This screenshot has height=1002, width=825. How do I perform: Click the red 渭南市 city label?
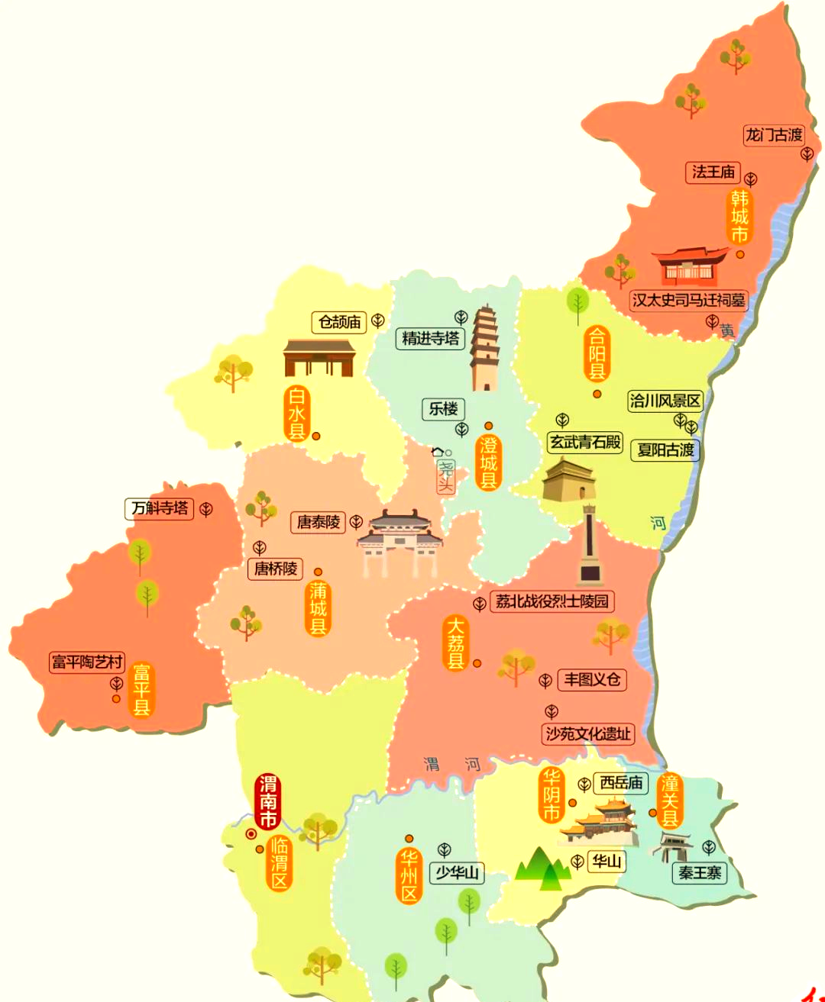(x=268, y=801)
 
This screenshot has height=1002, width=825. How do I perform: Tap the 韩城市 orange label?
(x=739, y=217)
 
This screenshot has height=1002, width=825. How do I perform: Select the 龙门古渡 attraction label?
(x=774, y=135)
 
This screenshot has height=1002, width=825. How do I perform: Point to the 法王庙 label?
(x=713, y=172)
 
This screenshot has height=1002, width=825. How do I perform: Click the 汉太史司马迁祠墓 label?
(x=687, y=300)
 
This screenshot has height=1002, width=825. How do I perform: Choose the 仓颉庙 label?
(x=339, y=322)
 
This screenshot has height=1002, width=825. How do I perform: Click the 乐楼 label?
(x=443, y=409)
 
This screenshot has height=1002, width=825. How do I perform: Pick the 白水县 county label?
(x=296, y=413)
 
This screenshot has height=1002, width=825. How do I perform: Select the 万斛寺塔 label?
(x=160, y=508)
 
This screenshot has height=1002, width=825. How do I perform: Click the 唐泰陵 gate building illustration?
(x=400, y=543)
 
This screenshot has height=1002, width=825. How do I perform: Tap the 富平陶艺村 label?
(x=87, y=662)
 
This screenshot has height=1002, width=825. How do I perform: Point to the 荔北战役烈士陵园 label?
(x=552, y=601)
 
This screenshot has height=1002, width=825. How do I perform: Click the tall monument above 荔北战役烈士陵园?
(x=589, y=545)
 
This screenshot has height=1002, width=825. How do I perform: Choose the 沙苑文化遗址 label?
(x=587, y=734)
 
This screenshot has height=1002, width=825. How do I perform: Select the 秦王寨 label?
(x=700, y=872)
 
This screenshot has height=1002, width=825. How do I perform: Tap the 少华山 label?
(x=457, y=872)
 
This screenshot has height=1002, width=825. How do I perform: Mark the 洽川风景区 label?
(x=665, y=401)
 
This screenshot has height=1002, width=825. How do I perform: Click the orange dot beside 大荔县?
(x=477, y=663)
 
